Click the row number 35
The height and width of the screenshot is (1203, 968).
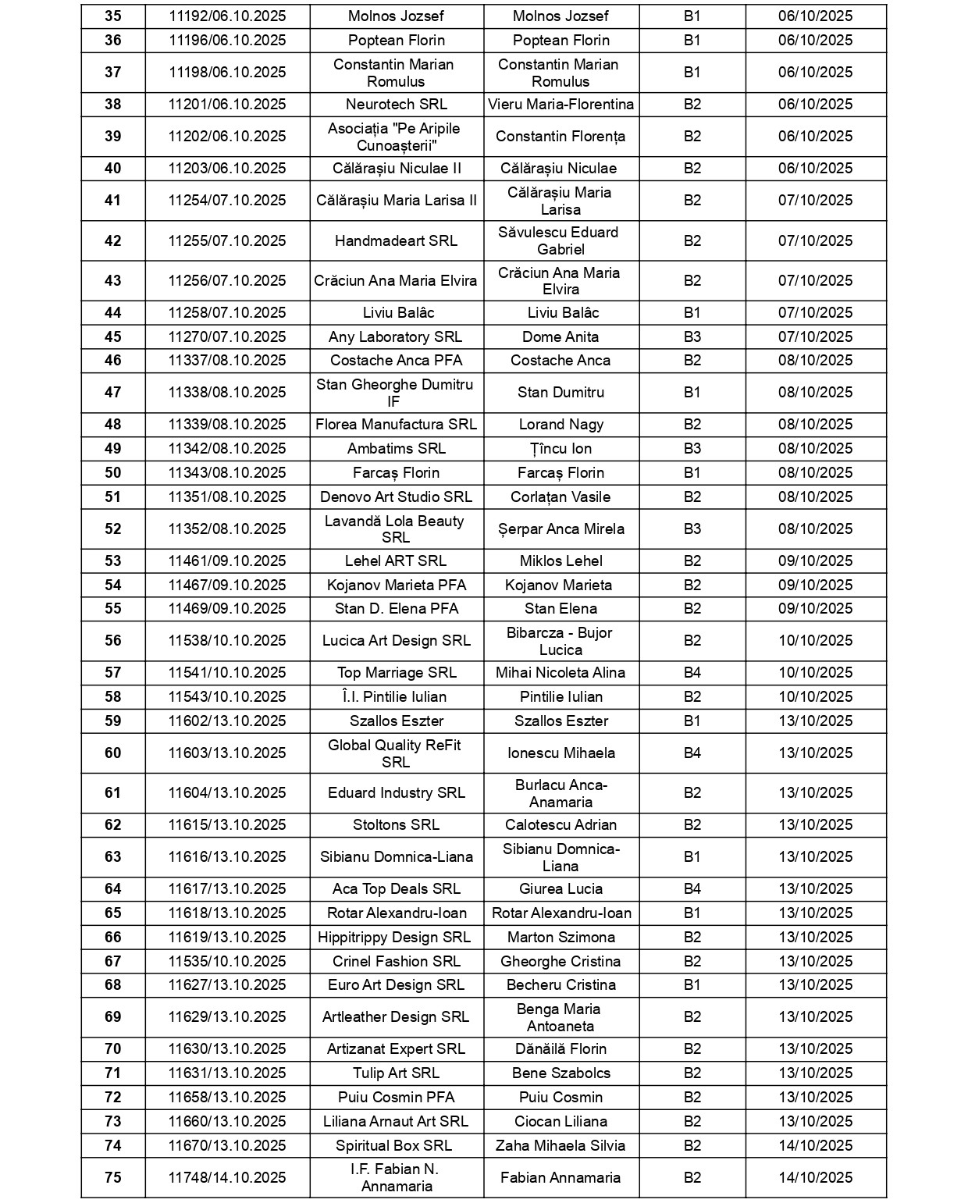coord(112,16)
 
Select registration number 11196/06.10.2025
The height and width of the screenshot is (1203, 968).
coord(227,41)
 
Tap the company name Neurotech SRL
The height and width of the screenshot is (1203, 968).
coord(396,105)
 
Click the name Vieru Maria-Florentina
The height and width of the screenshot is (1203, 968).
coord(561,105)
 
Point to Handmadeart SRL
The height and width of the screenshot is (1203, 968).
coord(396,241)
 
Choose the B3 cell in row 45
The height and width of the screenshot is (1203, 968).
coord(692,337)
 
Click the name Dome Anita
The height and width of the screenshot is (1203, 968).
coord(561,337)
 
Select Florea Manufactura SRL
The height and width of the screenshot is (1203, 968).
coord(396,425)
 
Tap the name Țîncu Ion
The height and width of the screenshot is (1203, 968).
coord(561,449)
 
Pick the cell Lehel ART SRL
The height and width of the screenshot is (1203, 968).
coord(396,561)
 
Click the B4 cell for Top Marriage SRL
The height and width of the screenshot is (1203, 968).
coord(692,673)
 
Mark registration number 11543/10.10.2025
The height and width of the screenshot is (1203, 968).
coord(227,697)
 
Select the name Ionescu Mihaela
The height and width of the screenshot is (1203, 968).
coord(561,753)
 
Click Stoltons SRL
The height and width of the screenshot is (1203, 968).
coord(396,825)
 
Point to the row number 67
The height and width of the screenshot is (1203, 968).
coord(112,962)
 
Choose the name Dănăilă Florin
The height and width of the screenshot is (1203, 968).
coord(561,1049)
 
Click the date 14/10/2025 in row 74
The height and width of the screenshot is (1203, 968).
coord(815,1146)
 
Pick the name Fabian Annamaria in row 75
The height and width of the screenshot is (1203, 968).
coord(561,1178)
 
